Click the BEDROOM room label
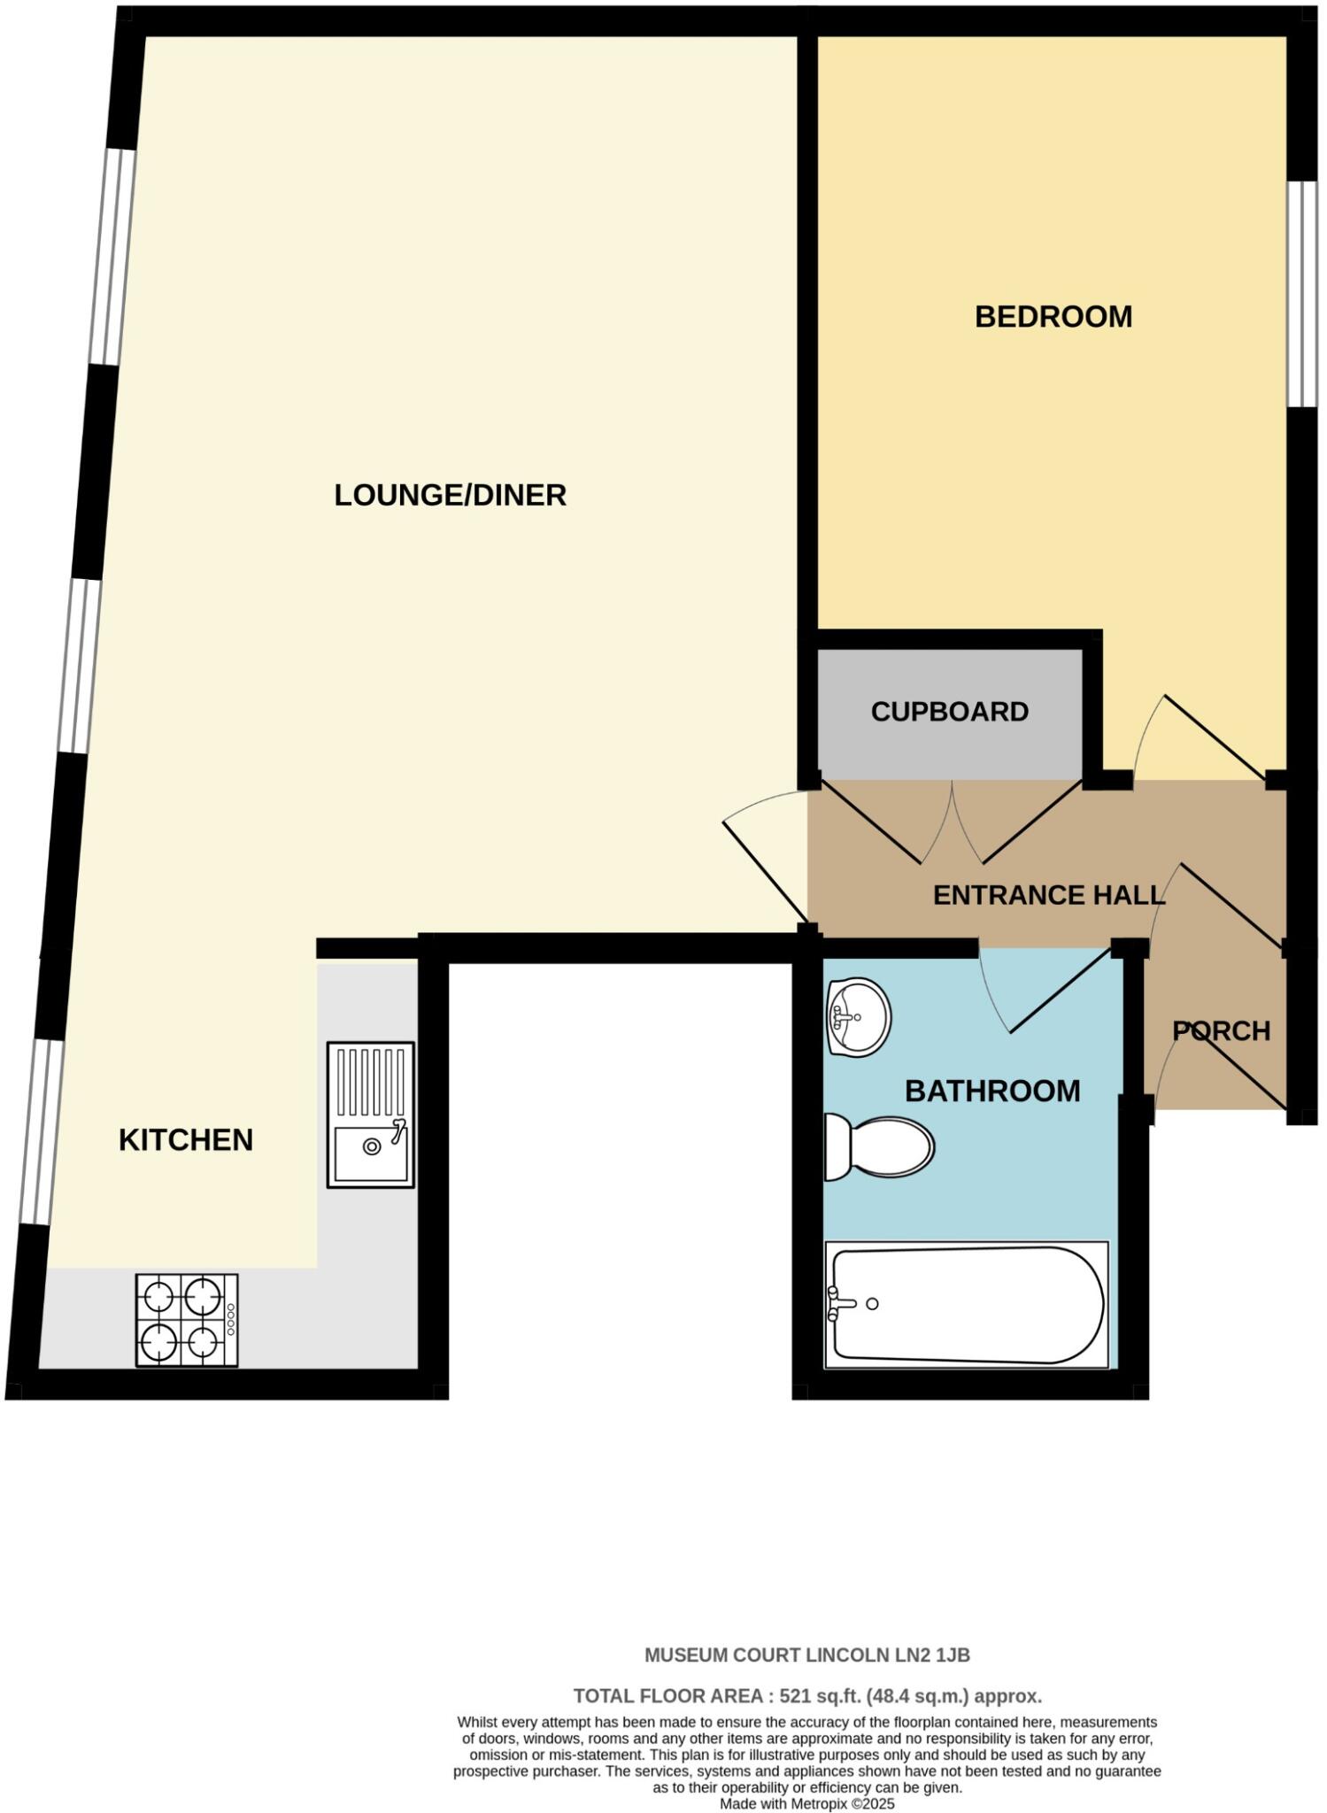[1053, 317]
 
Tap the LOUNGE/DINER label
[450, 495]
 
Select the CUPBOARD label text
[949, 712]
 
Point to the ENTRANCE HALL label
[1048, 895]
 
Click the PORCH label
[1221, 1031]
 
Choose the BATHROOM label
[991, 1091]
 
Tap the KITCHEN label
[186, 1140]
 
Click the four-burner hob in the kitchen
[187, 1319]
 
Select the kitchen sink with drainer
[371, 1114]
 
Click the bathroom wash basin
[856, 1017]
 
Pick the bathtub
[966, 1304]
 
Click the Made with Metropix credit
[806, 1803]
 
